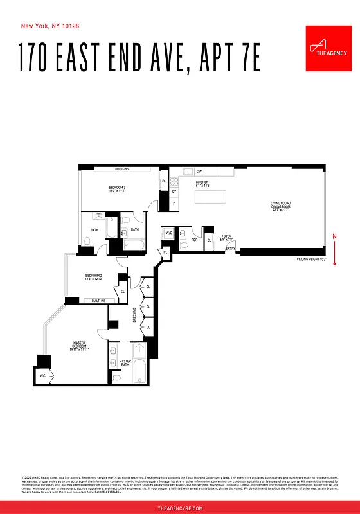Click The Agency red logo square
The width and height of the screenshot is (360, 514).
point(325,49)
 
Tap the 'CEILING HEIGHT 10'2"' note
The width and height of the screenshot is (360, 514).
point(311,260)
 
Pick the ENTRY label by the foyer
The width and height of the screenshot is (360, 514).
point(230,249)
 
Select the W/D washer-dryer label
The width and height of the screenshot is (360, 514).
point(168,233)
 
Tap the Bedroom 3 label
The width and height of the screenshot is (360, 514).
point(117,188)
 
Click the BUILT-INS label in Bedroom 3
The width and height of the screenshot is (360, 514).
point(123,169)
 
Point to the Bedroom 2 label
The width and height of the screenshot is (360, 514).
point(94,278)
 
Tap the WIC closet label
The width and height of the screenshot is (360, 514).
point(43,375)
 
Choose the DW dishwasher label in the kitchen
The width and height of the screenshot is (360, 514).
point(199,172)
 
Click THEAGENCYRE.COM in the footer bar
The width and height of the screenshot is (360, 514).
point(180,508)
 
